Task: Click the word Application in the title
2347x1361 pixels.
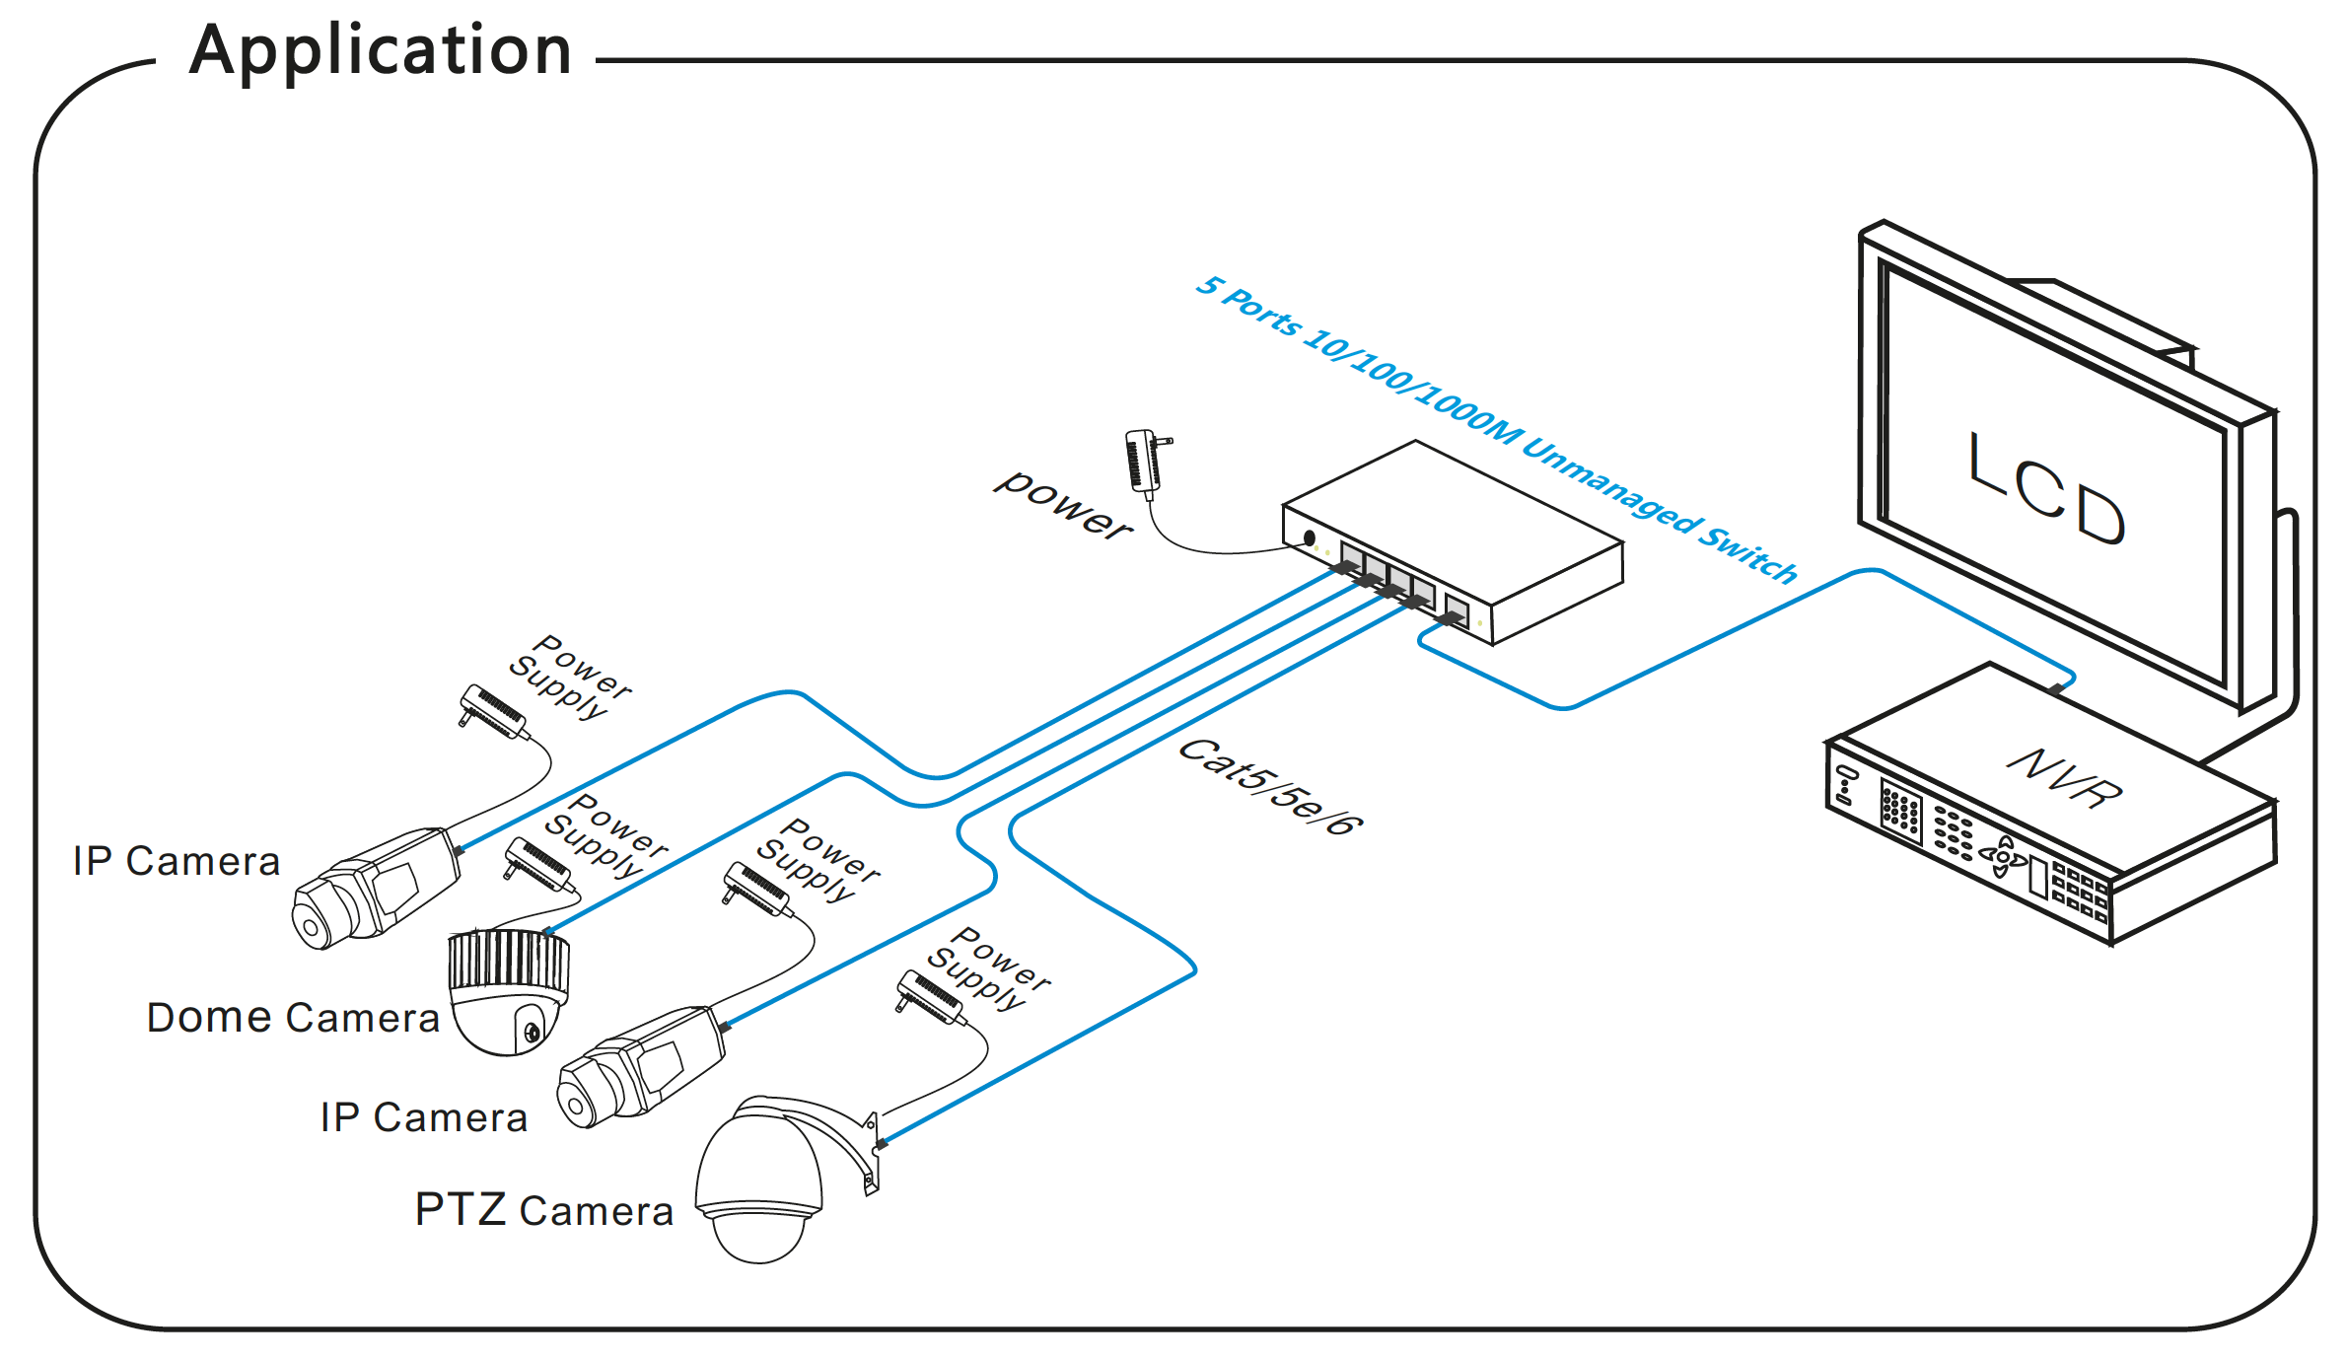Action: click(x=381, y=51)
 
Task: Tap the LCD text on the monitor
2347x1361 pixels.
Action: click(x=2046, y=489)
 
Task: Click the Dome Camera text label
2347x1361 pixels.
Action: click(x=293, y=1018)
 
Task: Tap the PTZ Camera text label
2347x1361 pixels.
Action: click(x=544, y=1210)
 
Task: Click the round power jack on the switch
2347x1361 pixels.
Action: click(x=1310, y=538)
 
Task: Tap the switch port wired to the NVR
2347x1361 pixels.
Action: click(x=1457, y=610)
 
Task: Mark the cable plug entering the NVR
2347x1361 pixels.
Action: click(x=2057, y=687)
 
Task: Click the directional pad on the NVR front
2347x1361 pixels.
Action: click(x=2002, y=856)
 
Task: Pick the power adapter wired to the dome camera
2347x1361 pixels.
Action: click(x=538, y=865)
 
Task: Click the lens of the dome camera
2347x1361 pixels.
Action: click(x=533, y=1033)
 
